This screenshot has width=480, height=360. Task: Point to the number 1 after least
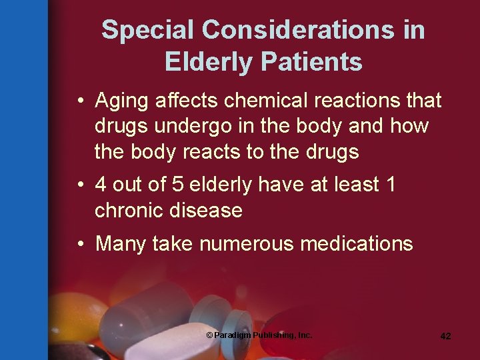click(390, 185)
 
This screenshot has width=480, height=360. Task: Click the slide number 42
click(445, 336)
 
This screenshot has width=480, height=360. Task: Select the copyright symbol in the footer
click(210, 335)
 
